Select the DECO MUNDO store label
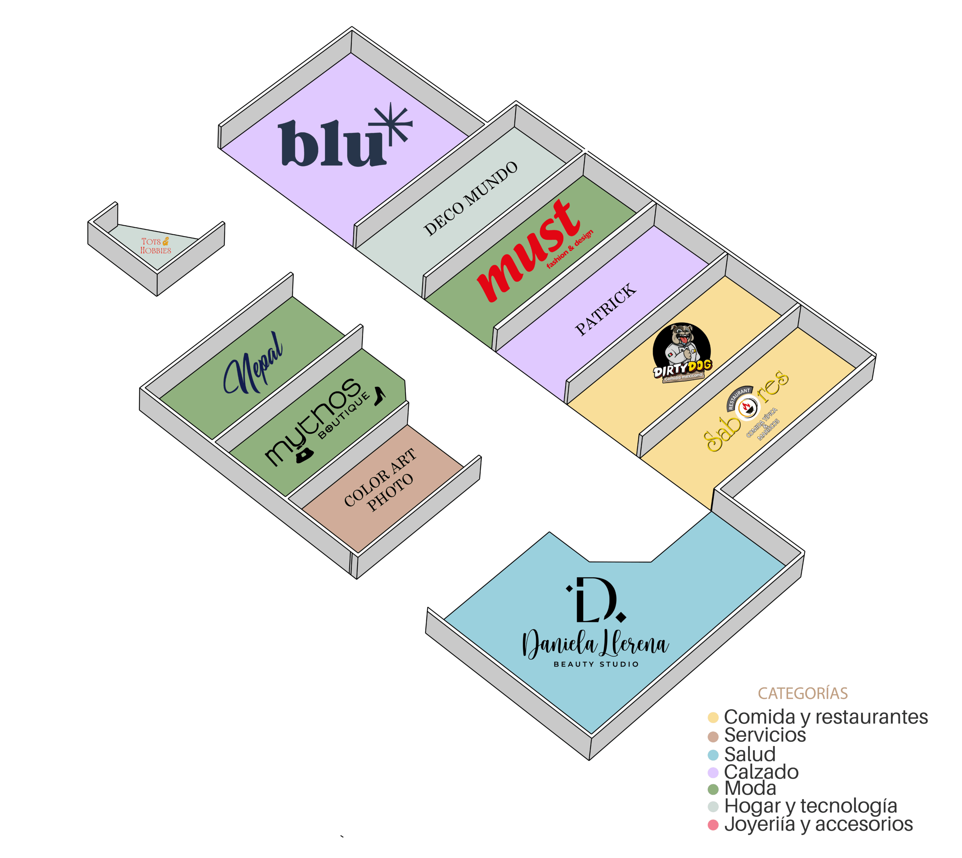(470, 198)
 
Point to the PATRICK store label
(605, 309)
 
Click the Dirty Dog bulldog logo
(682, 351)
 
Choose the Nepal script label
(254, 363)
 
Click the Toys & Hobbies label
(155, 246)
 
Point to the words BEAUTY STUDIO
(596, 664)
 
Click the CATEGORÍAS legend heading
(803, 694)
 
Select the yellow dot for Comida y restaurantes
(713, 718)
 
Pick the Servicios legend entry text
(765, 735)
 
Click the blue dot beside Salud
(713, 755)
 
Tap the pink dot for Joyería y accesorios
(713, 825)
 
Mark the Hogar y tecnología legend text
(810, 806)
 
